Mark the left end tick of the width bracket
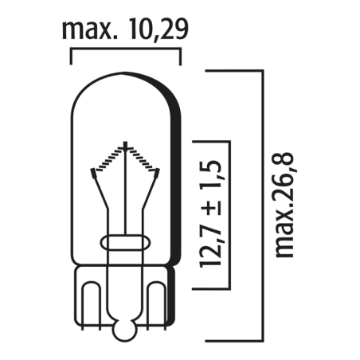click(72, 57)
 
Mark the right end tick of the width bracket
click(181, 57)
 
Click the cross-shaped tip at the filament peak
click(126, 148)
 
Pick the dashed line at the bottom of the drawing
click(199, 333)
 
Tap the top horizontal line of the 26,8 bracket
click(235, 69)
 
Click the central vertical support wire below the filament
click(126, 199)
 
